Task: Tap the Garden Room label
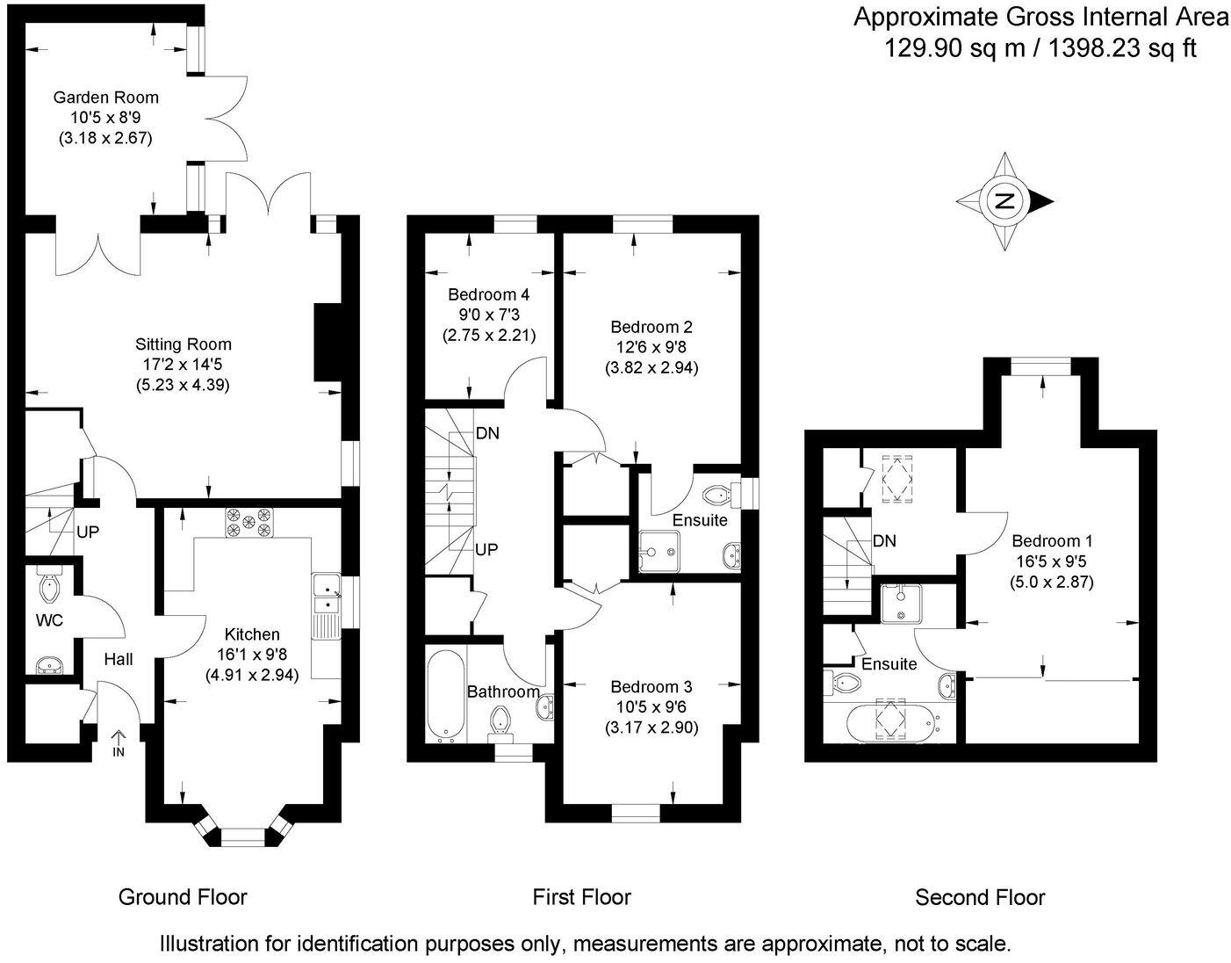click(x=105, y=98)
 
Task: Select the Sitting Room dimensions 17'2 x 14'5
click(x=183, y=364)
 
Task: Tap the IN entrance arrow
click(x=119, y=742)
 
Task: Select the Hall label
click(x=119, y=658)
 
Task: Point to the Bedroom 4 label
click(x=488, y=294)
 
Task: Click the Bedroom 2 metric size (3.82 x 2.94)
click(x=651, y=368)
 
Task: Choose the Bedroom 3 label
click(x=651, y=686)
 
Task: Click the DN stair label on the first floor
click(x=488, y=433)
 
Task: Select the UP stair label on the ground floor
click(x=88, y=532)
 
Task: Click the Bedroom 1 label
click(x=1052, y=541)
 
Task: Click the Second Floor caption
click(x=980, y=897)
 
